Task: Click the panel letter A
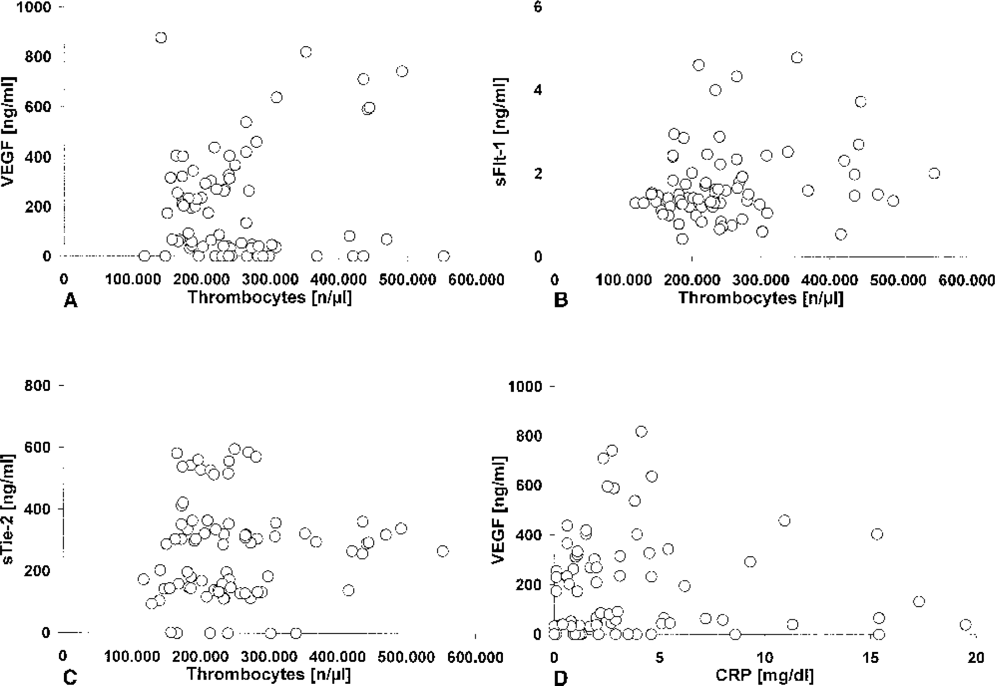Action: [x=70, y=300]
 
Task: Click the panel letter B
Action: [x=561, y=300]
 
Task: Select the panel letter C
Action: [x=70, y=677]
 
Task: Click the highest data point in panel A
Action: [x=161, y=38]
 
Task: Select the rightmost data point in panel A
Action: [x=444, y=256]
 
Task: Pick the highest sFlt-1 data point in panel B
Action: [x=797, y=58]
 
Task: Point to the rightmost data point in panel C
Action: [x=443, y=551]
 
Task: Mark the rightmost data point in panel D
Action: [x=966, y=625]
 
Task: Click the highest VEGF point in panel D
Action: [x=641, y=432]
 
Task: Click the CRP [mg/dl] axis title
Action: [x=764, y=676]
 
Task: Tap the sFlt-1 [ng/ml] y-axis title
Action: [x=501, y=131]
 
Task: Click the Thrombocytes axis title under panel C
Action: [x=268, y=674]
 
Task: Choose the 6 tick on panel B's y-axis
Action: [x=537, y=7]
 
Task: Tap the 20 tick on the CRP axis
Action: [x=975, y=657]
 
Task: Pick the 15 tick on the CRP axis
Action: [x=871, y=657]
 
